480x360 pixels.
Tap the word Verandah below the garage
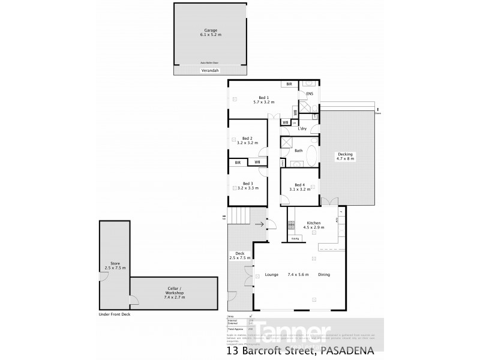tap(210, 71)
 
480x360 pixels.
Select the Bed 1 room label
tap(263, 97)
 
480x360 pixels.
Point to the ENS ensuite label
tap(310, 94)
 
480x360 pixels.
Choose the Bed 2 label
tap(247, 139)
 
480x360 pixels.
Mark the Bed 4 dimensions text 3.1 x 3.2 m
tap(301, 189)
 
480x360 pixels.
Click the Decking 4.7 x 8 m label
tap(344, 155)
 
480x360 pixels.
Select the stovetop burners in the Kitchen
tap(292, 226)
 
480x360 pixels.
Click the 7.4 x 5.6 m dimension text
tap(298, 275)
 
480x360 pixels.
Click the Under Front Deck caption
tap(114, 314)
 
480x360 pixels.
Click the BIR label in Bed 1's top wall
tap(289, 85)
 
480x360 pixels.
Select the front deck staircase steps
tap(239, 215)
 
